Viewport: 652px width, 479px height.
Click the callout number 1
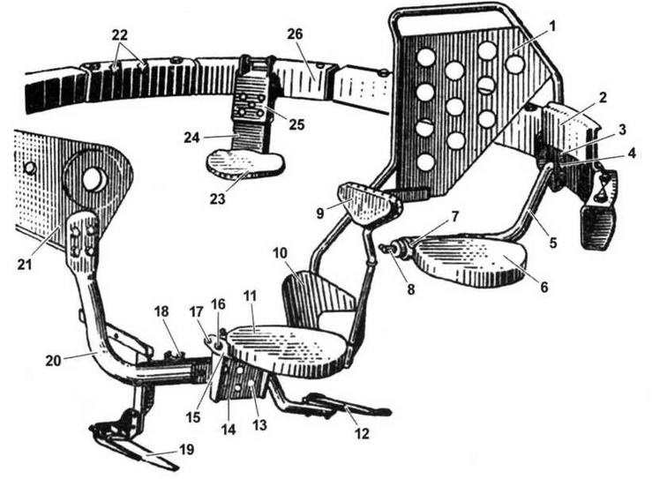tap(552, 26)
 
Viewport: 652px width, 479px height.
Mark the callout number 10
tap(278, 253)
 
